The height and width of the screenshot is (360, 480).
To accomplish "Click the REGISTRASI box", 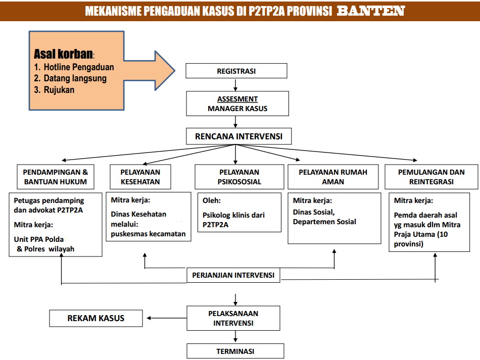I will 236,71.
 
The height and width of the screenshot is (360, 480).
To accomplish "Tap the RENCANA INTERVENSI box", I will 235,136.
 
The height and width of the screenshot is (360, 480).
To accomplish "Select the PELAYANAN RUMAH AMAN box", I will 332,177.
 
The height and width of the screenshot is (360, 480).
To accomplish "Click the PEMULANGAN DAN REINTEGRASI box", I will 431,177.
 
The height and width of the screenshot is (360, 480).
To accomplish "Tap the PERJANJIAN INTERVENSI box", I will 233,275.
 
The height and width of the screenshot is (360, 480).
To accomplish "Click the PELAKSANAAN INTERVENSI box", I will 233,318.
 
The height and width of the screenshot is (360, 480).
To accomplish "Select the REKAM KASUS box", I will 96,318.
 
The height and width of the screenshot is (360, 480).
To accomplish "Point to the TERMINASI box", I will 235,351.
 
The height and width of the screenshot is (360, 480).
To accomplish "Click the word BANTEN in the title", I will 370,11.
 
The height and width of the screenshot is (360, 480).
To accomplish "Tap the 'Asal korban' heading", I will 64,54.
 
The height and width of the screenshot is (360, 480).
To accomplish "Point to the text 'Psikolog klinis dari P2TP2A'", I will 233,220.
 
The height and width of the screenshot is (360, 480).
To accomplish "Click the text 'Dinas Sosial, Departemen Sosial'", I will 324,217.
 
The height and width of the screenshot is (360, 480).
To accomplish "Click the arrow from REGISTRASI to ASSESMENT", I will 236,85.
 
